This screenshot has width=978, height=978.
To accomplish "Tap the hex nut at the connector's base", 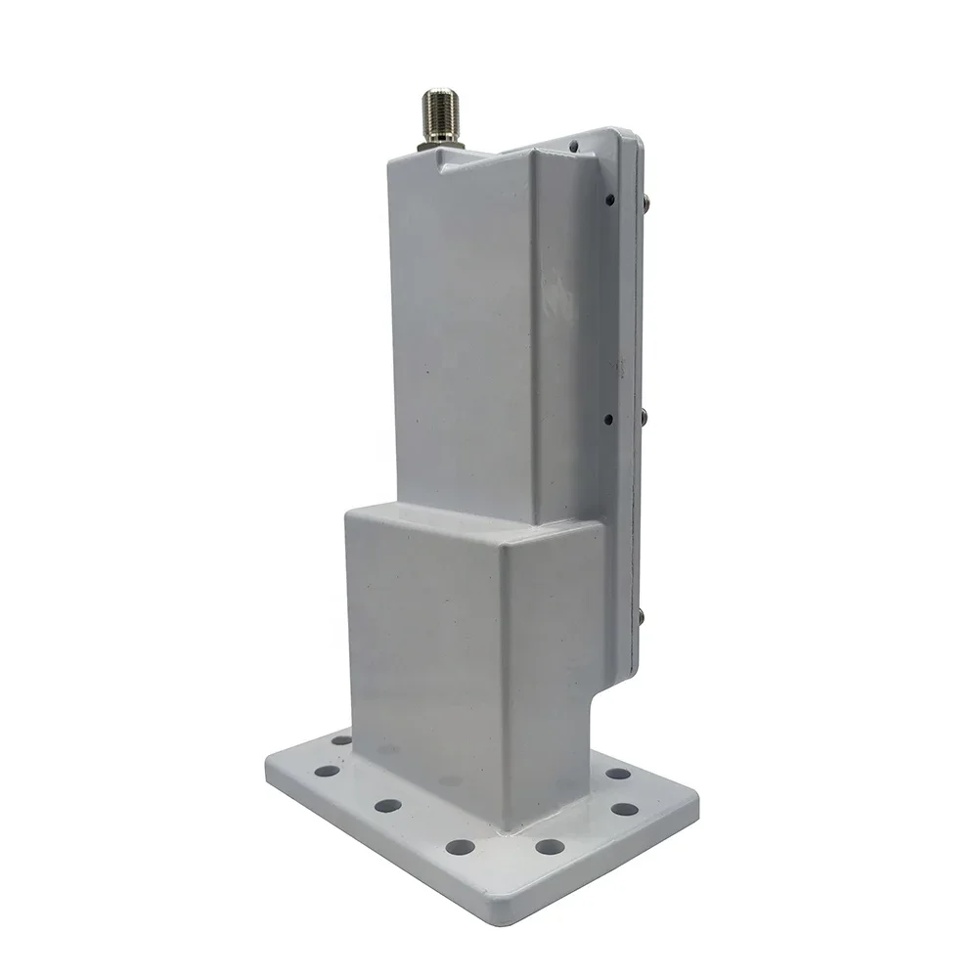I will (439, 144).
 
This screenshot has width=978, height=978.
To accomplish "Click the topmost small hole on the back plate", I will (573, 148).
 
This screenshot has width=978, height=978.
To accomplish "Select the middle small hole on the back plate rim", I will (608, 419).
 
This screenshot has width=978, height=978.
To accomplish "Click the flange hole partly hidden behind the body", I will (340, 740).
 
